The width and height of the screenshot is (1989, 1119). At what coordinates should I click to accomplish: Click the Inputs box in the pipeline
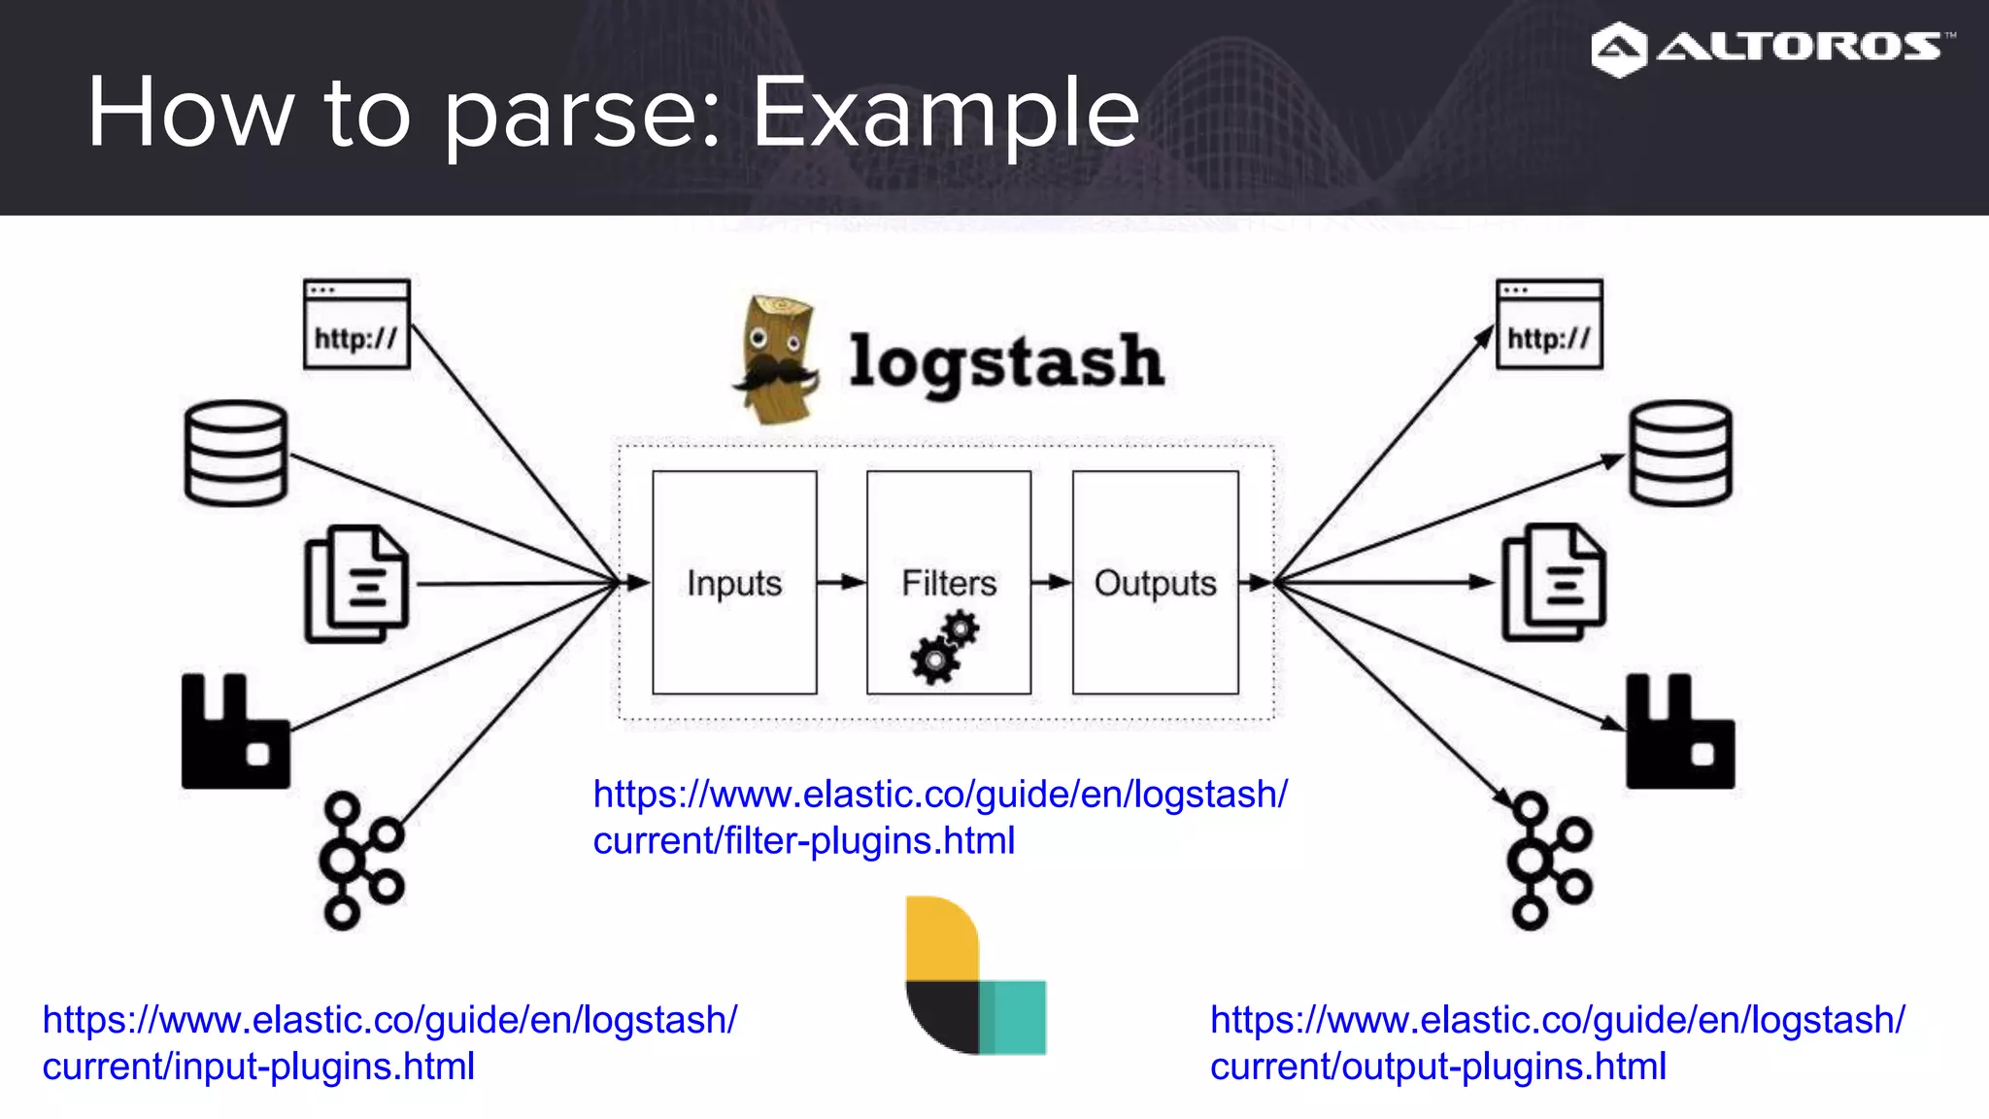coord(734,583)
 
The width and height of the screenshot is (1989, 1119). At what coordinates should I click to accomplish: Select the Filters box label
coord(949,583)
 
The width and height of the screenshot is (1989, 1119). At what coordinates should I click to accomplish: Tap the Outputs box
coord(1155,583)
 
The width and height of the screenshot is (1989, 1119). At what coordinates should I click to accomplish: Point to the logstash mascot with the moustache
coord(775,360)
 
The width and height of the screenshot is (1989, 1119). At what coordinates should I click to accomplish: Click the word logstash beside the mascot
coord(1006,361)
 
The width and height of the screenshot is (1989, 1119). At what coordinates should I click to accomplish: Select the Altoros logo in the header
coord(1771,48)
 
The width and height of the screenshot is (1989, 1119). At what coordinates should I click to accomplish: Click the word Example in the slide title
coord(945,114)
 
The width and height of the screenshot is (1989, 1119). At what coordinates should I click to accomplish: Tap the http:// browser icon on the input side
coord(356,324)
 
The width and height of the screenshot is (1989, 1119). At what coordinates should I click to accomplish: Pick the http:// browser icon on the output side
coord(1549,324)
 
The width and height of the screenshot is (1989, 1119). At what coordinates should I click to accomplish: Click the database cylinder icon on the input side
coord(236,453)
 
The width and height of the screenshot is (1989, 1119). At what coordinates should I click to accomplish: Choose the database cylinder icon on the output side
coord(1680,453)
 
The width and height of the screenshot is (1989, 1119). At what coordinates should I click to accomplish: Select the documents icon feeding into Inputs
coord(356,584)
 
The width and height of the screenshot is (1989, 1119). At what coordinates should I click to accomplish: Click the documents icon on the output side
coord(1554,583)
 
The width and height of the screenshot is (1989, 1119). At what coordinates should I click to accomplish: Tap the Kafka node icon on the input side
coord(360,861)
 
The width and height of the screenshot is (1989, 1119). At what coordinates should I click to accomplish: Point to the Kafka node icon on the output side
coord(1548,861)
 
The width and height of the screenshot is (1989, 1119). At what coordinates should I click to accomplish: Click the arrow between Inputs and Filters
coord(841,583)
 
